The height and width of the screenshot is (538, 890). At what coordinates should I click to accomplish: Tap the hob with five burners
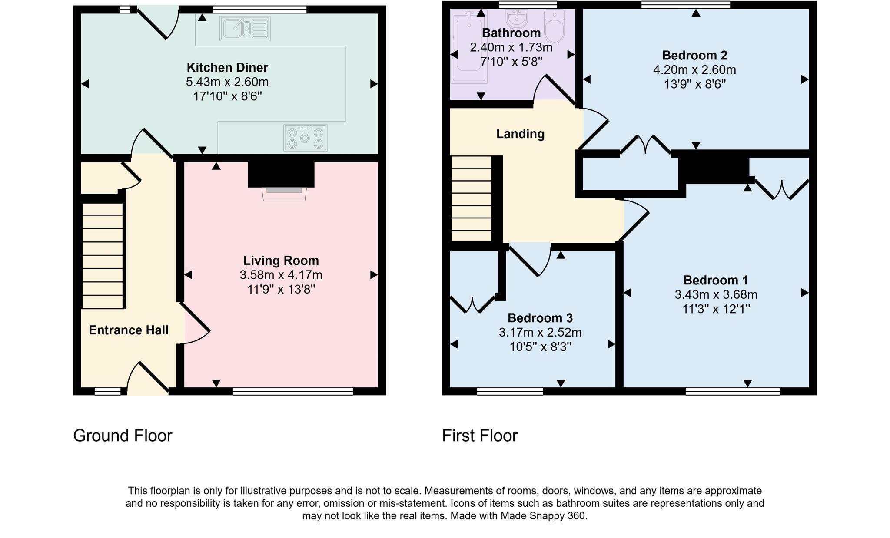pos(305,138)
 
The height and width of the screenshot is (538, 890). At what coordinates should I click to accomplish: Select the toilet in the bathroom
pos(554,27)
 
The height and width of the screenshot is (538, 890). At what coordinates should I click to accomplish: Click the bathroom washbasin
pos(517,20)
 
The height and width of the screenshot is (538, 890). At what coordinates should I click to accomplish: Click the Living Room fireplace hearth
pos(284,194)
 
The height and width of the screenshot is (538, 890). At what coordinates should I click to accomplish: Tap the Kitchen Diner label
pos(227,67)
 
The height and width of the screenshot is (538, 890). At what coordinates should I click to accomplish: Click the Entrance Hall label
pos(129,330)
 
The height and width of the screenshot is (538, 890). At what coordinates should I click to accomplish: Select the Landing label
pos(520,134)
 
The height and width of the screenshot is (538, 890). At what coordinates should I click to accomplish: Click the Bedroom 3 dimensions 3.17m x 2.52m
pos(540,333)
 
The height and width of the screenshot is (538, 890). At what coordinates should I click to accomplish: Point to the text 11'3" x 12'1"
pos(716,309)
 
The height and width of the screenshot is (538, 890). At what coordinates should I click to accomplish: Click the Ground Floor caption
pos(123,436)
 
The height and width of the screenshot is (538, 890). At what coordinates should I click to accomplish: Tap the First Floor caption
pos(479,436)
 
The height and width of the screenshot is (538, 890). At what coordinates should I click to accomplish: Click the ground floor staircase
pos(103,256)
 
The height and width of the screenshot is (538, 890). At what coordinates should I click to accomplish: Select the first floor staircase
pos(472,199)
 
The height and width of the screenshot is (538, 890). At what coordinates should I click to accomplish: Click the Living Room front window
pos(292,392)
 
